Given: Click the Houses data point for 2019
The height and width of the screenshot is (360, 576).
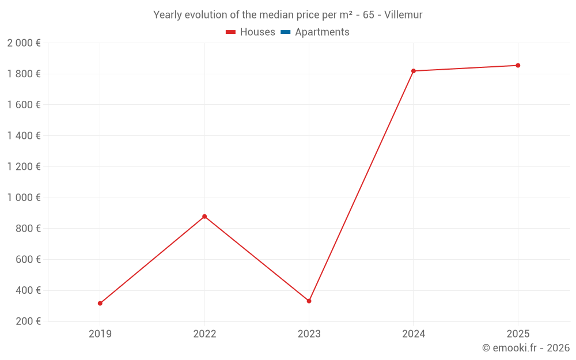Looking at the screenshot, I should tap(100, 303).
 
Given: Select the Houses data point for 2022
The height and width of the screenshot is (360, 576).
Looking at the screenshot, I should tap(204, 217).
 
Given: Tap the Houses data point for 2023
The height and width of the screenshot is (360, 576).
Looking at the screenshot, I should tap(309, 301).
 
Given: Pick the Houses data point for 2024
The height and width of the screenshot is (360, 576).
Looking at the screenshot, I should tap(414, 71).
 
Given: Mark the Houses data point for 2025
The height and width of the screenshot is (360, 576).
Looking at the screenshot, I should tap(518, 66).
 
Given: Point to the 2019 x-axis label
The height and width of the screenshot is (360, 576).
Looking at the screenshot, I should tap(100, 334).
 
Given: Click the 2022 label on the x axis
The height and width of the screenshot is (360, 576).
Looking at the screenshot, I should tap(204, 334).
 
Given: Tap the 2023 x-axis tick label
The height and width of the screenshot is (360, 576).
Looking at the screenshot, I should tap(309, 334).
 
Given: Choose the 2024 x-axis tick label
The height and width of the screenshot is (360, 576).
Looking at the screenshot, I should tap(414, 334).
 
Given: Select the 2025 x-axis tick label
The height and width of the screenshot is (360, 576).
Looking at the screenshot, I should tap(518, 334).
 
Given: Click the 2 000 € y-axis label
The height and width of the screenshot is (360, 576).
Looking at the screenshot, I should tap(24, 43).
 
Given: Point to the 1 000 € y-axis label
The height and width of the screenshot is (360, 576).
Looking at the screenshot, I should tap(24, 198).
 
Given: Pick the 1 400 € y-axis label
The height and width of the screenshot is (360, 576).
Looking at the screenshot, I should tap(24, 136).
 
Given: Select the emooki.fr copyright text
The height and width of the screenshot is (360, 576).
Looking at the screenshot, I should tap(526, 348).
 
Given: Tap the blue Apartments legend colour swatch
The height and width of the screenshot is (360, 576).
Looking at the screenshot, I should tap(285, 32).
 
